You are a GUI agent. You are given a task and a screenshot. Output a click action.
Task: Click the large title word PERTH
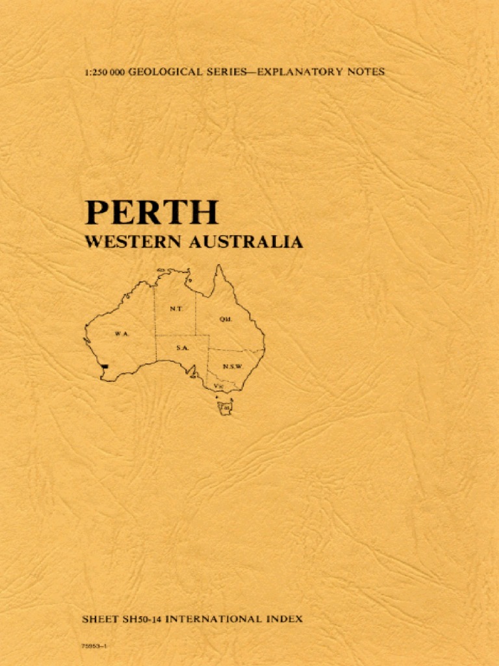point(151,213)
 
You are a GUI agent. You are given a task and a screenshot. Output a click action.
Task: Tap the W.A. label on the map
point(122,333)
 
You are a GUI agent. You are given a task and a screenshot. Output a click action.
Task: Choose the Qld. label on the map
point(225,319)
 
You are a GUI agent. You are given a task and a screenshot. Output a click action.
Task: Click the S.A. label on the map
point(182,349)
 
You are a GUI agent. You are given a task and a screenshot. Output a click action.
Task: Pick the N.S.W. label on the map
point(232,366)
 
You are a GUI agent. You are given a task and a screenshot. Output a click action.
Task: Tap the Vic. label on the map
point(220,386)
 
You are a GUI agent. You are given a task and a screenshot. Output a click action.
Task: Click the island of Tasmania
point(225,408)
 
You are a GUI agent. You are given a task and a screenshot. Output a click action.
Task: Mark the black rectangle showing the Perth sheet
point(105,369)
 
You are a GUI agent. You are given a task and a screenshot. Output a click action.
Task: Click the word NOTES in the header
point(366,72)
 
